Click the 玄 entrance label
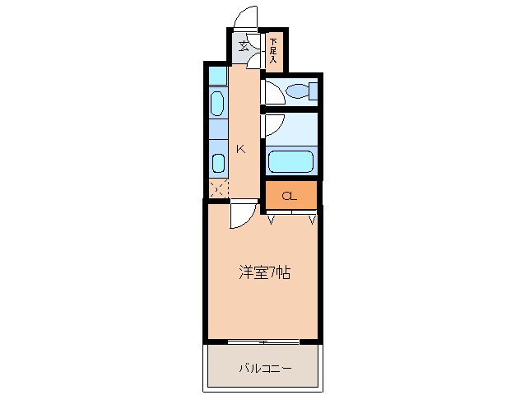coord(244,46)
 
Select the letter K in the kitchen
coord(241,149)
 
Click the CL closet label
coord(290,196)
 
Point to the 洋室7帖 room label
coord(263,273)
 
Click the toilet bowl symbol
coord(295,90)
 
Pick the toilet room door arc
coord(272,93)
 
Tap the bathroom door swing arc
coord(273,125)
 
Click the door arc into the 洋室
coord(242,216)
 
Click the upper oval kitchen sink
coord(217,103)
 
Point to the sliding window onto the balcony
coord(263,341)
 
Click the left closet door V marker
coord(271,219)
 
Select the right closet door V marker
coord(312,219)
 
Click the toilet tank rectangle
coord(313,90)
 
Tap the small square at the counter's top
coord(217,76)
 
